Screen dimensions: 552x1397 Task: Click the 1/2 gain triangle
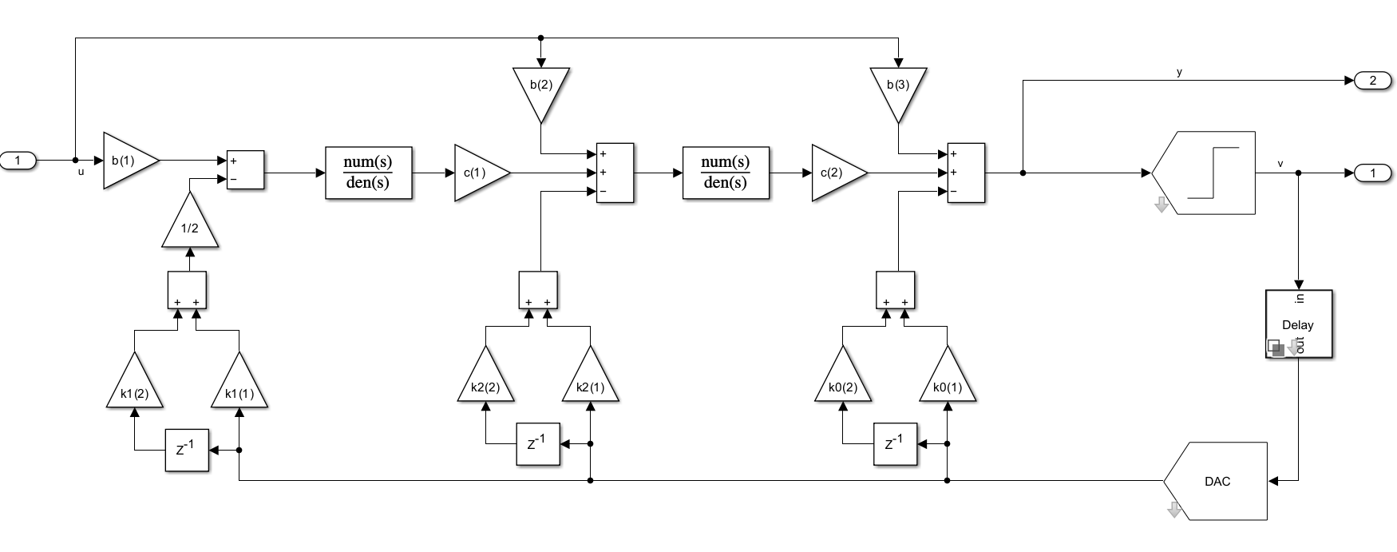pyautogui.click(x=189, y=226)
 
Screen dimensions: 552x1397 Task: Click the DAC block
pyautogui.click(x=1216, y=481)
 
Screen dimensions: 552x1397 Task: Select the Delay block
pyautogui.click(x=1298, y=324)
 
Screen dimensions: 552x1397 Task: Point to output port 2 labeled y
pyautogui.click(x=1372, y=81)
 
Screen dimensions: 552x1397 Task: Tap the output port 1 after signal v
pyautogui.click(x=1372, y=173)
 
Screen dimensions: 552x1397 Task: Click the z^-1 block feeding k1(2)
pyautogui.click(x=187, y=450)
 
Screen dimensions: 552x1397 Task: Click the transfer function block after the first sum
pyautogui.click(x=368, y=173)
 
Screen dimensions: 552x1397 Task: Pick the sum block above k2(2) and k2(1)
pyautogui.click(x=538, y=290)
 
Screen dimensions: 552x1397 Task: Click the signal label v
pyautogui.click(x=1280, y=164)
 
